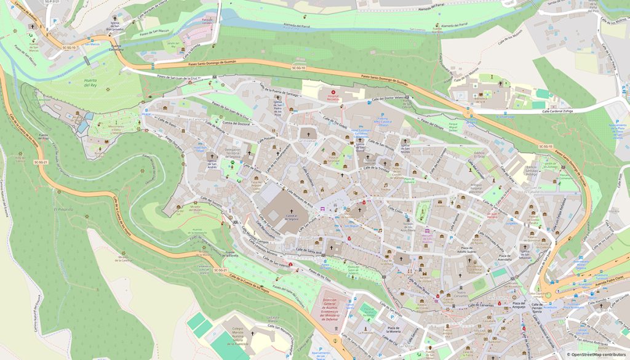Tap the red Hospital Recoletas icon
click(333, 92)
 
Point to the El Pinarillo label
click(63, 210)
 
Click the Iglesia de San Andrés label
click(211, 164)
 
